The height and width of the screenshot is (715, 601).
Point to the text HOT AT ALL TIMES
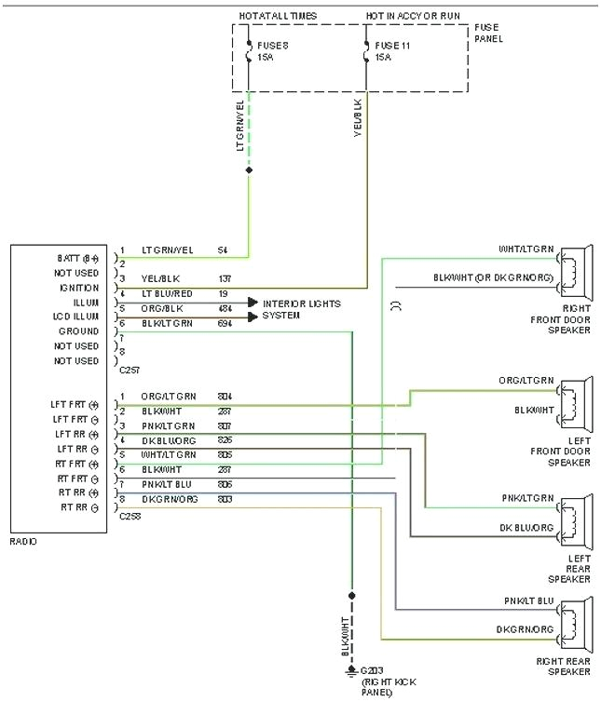click(x=279, y=16)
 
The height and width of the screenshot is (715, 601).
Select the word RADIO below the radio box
click(x=23, y=541)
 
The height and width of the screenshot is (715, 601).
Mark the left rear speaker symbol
click(x=577, y=519)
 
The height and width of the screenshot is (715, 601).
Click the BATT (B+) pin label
click(x=77, y=258)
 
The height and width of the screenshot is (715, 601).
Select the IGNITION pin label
click(x=79, y=288)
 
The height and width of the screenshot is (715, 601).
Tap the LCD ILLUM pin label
click(x=76, y=317)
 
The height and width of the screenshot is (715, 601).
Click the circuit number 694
click(x=225, y=323)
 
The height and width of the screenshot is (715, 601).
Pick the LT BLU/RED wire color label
click(x=168, y=294)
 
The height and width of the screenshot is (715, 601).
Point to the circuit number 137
click(x=225, y=279)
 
